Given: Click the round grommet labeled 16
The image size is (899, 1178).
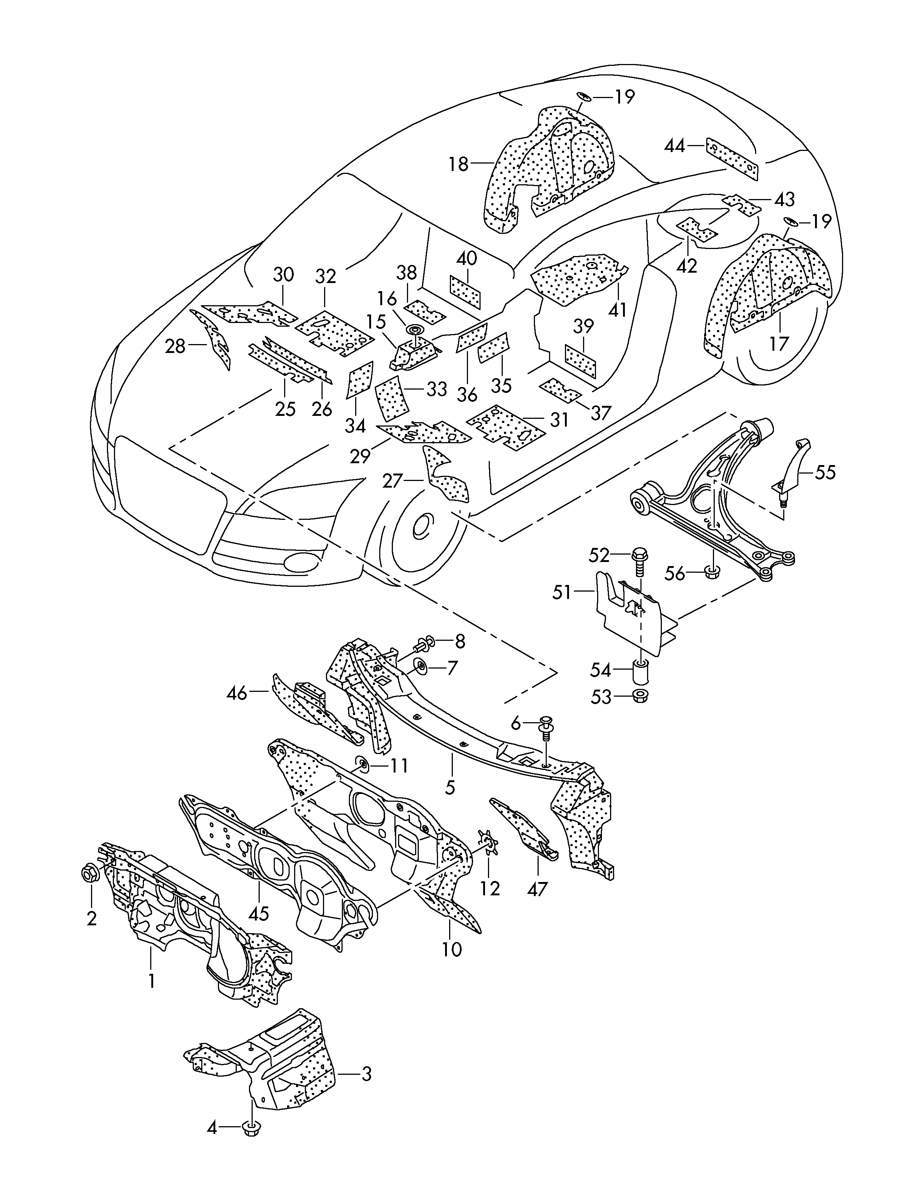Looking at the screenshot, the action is click(415, 330).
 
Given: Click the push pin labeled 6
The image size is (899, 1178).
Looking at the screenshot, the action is click(546, 724).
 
